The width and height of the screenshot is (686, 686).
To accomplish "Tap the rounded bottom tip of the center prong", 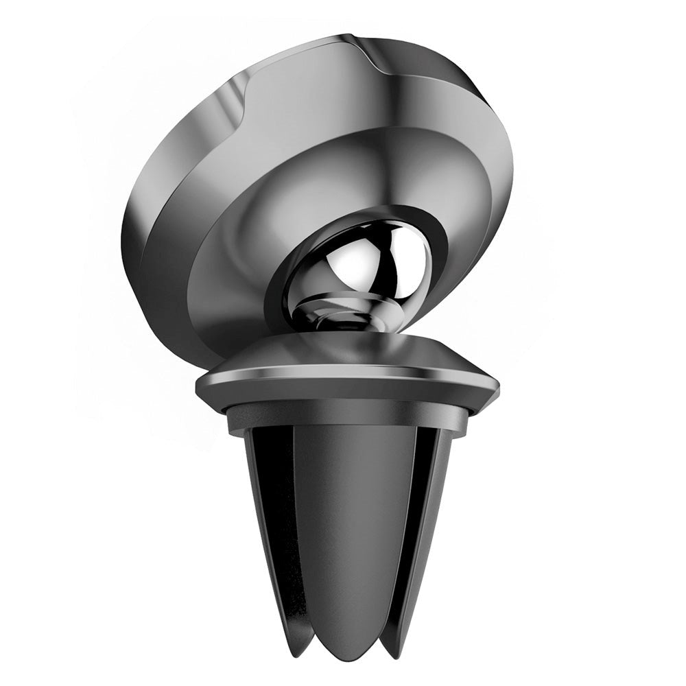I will tap(343, 641).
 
